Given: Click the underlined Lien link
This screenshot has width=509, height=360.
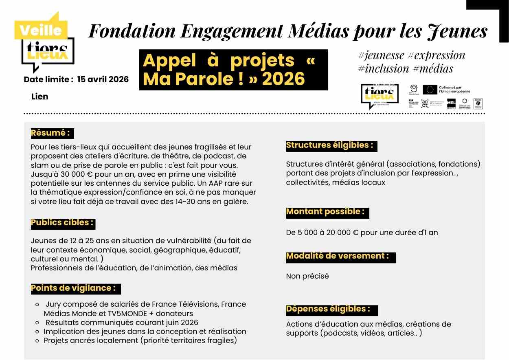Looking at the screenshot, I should coord(39,97).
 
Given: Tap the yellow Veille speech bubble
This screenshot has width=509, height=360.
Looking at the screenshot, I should coord(40,30).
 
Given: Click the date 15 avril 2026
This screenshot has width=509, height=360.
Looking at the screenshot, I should coord(103,79).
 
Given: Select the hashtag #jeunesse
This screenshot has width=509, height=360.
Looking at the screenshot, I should coord(382,55).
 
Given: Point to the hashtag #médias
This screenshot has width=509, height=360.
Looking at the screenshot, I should coord(433,68).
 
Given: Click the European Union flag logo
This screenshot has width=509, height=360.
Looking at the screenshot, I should coord(430,90).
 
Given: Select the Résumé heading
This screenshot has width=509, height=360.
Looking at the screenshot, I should coord(50,133).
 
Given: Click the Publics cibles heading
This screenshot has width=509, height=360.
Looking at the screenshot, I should coord(63,223).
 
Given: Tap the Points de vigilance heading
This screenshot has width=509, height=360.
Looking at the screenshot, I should coord(73,288).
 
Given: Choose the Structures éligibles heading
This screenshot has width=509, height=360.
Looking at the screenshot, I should coord(329,145).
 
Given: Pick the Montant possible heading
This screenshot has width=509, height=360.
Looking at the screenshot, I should coord(325,212).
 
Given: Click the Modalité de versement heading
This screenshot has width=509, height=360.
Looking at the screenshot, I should coord(338,256).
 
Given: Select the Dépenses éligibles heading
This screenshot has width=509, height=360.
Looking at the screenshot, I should coord(328,309).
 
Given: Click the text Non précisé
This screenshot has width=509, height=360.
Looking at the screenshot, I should coord(307,276).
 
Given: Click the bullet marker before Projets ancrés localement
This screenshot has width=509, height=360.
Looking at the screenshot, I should coord(37,340).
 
